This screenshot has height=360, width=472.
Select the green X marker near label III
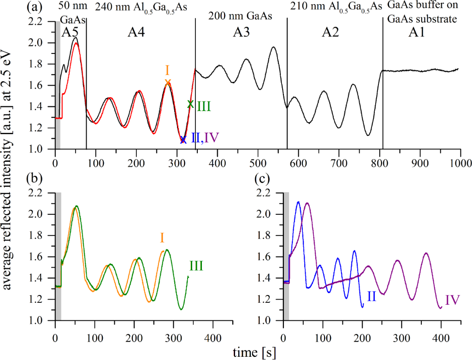[x=190, y=104]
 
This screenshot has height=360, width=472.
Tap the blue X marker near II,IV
[x=183, y=140]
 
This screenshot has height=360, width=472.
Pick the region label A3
[x=240, y=32]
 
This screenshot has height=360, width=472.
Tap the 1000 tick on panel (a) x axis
[x=459, y=163]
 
